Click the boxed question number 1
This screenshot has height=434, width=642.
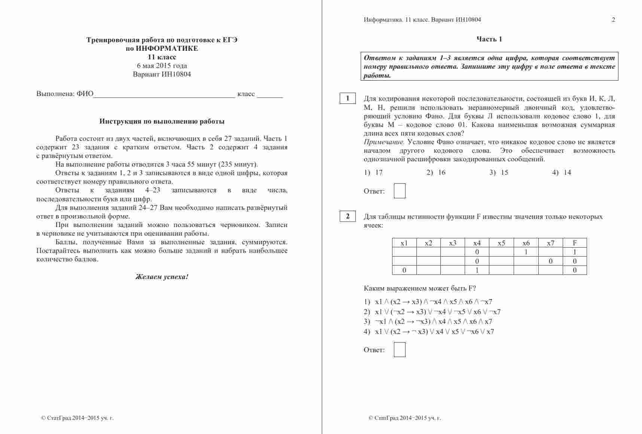pyautogui.click(x=348, y=98)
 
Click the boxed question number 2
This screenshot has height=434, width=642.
pyautogui.click(x=348, y=216)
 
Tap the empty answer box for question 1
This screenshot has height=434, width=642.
pyautogui.click(x=400, y=191)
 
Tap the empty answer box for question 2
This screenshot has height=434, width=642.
pyautogui.click(x=400, y=350)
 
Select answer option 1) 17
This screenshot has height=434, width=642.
pyautogui.click(x=373, y=173)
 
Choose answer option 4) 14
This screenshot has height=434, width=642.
pyautogui.click(x=562, y=173)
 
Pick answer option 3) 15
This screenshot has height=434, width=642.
pyautogui.click(x=499, y=173)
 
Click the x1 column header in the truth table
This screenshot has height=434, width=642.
pyautogui.click(x=404, y=243)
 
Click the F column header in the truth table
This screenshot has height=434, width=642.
pyautogui.click(x=575, y=243)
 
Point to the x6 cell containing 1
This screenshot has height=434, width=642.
pyautogui.click(x=526, y=252)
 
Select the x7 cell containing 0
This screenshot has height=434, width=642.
pyautogui.click(x=550, y=261)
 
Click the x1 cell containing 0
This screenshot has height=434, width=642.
pyautogui.click(x=404, y=270)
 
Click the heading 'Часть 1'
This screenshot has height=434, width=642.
pyautogui.click(x=489, y=39)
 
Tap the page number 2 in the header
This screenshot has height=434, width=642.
pyautogui.click(x=613, y=20)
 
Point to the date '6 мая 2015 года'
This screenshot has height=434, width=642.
pyautogui.click(x=162, y=66)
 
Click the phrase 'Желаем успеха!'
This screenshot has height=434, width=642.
pyautogui.click(x=162, y=277)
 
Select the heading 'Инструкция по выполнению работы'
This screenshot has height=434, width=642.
pyautogui.click(x=162, y=121)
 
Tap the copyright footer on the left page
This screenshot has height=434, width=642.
pyautogui.click(x=77, y=418)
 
